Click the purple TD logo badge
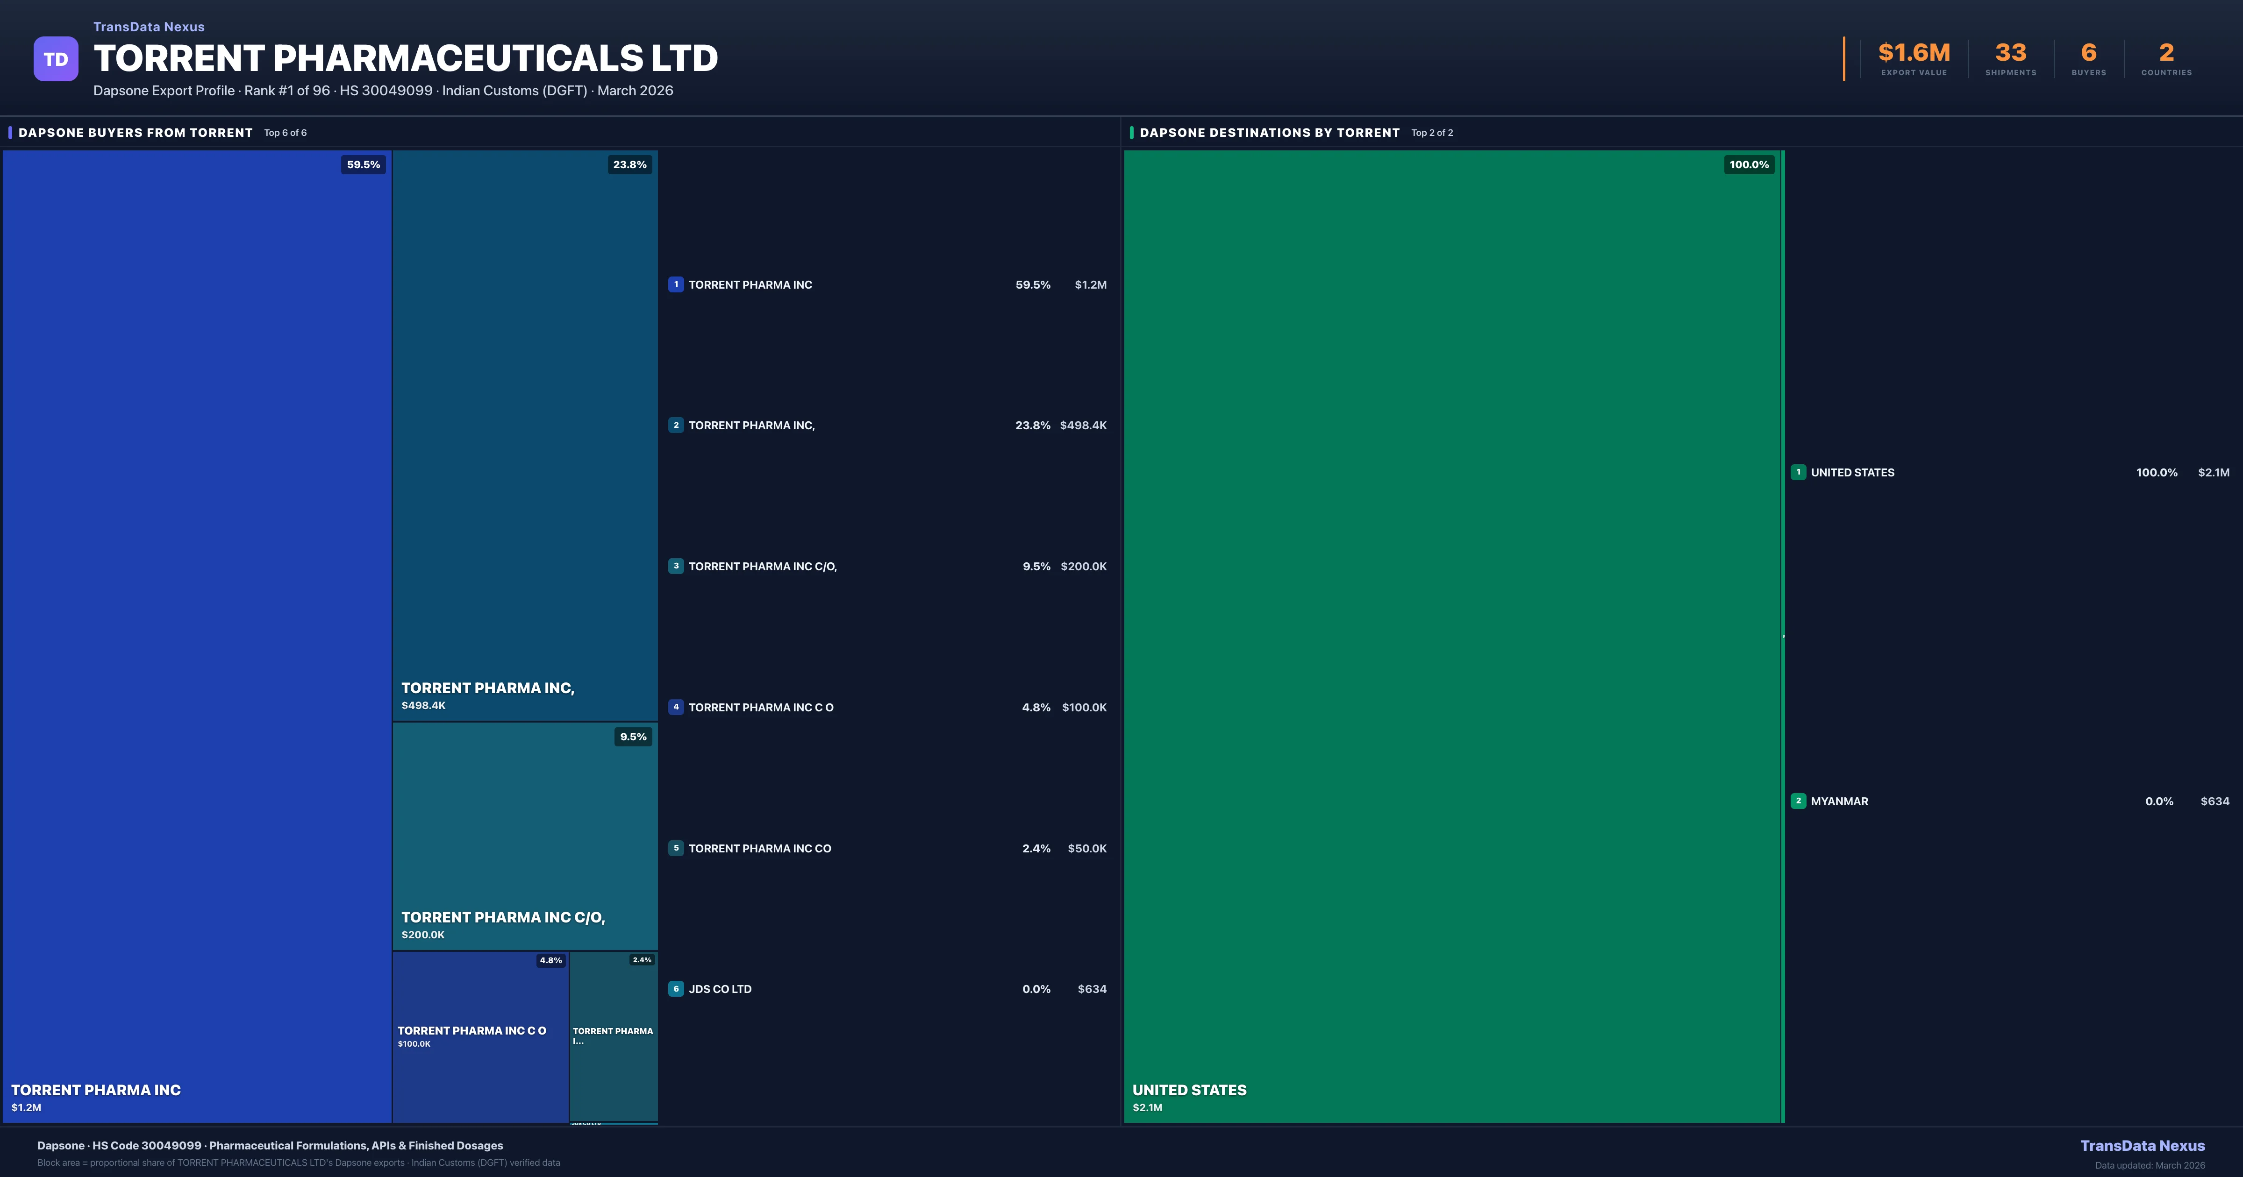[56, 59]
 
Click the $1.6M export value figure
[1914, 53]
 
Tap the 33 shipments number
[2010, 53]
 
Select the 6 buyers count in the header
[2088, 53]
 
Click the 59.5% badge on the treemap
[363, 164]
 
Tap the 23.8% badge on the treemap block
[629, 164]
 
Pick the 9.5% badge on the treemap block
[633, 737]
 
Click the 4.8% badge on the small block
[550, 960]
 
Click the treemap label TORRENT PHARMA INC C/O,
[502, 918]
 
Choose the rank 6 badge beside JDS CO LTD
[676, 989]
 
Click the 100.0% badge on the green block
[1749, 164]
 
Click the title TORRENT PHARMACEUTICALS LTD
[406, 58]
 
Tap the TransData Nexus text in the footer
[2142, 1146]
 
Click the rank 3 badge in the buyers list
[676, 567]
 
